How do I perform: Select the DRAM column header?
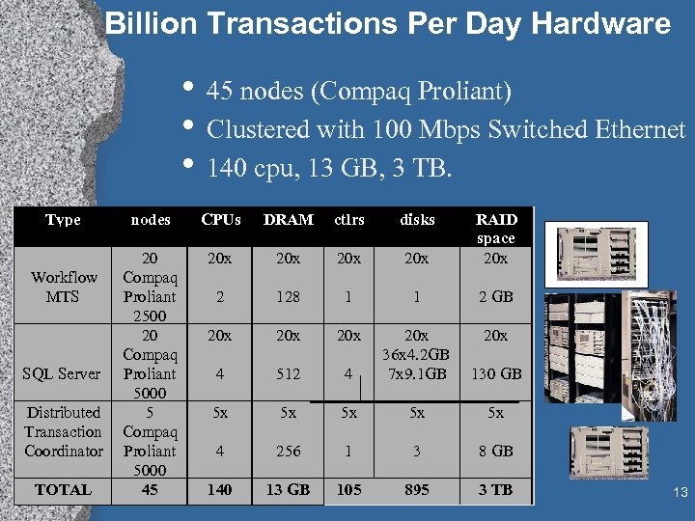pos(288,220)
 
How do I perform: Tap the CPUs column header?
pos(220,220)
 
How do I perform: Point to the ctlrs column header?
pos(348,220)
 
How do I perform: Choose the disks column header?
pos(417,220)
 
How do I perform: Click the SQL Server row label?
pos(63,374)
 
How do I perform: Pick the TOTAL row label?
pos(63,490)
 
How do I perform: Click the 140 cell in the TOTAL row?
pos(220,490)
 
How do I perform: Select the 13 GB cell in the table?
pos(288,490)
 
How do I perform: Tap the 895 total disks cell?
pos(417,490)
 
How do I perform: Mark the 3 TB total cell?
pos(496,490)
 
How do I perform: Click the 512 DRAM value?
pos(288,374)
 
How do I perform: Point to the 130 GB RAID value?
pos(496,374)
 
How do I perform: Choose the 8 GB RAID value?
pos(496,452)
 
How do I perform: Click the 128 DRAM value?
pos(288,297)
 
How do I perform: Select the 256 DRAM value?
pos(288,452)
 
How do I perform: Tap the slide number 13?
pos(681,494)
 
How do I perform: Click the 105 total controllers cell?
pos(348,490)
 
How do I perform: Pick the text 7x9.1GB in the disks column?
pos(417,374)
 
